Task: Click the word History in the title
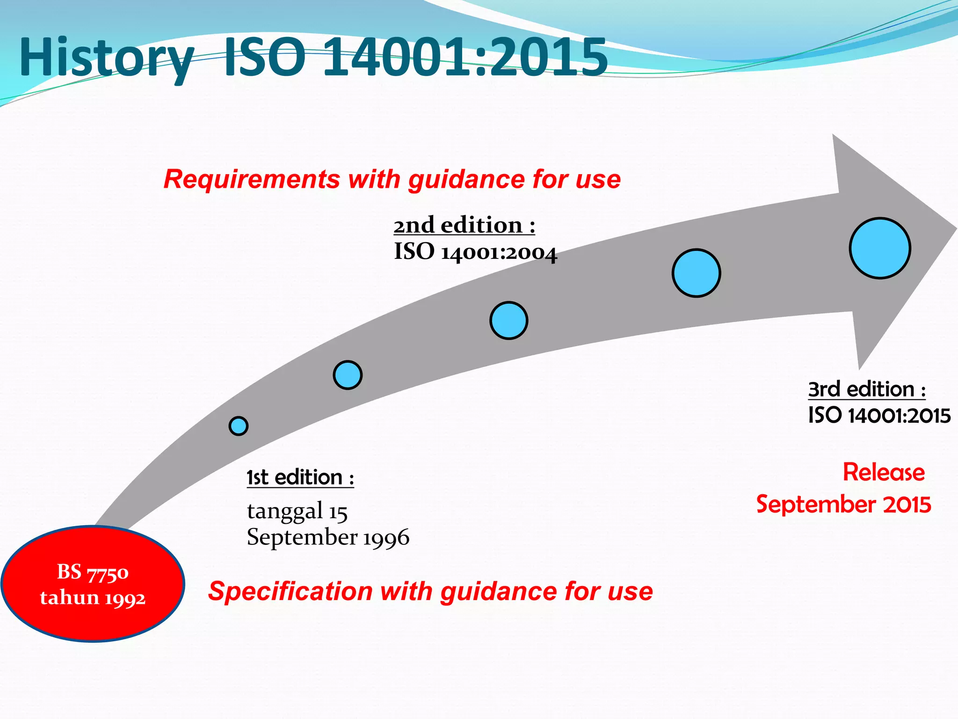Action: tap(107, 59)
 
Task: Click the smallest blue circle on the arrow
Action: tap(239, 426)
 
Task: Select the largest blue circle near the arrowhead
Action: tap(880, 248)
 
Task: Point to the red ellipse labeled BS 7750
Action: tap(93, 584)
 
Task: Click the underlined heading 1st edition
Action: tap(300, 477)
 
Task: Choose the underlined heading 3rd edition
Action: tap(866, 389)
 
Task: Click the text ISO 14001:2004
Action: tap(475, 252)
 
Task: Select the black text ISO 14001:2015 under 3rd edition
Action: tap(879, 415)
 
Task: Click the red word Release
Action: tap(884, 472)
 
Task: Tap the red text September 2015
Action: tap(843, 504)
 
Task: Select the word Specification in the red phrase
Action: tap(290, 591)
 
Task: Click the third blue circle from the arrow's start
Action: tap(509, 321)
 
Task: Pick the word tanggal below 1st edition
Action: tap(285, 511)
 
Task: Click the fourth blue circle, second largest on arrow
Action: tap(696, 273)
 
